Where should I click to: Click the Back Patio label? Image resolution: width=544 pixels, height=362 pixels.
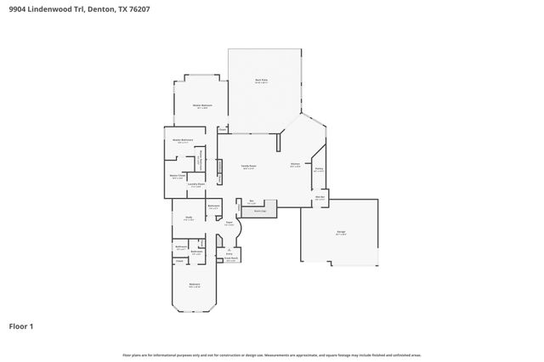pos(262,81)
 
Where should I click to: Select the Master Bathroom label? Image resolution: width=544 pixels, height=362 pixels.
pos(183,139)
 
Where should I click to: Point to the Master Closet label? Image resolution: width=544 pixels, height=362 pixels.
pos(178,176)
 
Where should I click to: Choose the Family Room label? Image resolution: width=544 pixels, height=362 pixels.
pos(249,167)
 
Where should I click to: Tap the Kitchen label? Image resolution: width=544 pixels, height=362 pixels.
pos(295,164)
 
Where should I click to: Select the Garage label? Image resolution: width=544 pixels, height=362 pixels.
pos(340,232)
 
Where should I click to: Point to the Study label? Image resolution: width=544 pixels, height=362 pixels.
pos(189,218)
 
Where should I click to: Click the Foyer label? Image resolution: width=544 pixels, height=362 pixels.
pos(229,223)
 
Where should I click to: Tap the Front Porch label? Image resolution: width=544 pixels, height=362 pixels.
pos(230,259)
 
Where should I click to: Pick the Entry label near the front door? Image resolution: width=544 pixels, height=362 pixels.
pos(229,253)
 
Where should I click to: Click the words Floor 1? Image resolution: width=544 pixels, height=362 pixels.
pos(21,325)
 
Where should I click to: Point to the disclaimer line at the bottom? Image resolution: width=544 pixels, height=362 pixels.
pos(272,355)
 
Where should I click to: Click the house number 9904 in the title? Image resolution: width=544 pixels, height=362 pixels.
pos(18,10)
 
